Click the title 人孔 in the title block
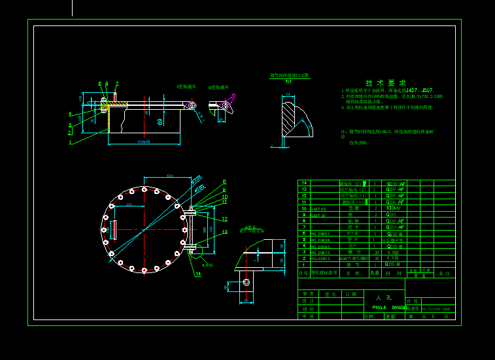point(384,297)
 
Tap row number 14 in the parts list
point(303,183)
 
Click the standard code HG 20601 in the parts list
point(320,233)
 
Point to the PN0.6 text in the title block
point(379,307)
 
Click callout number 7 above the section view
point(117,84)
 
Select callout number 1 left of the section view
point(70,142)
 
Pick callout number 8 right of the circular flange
point(224,182)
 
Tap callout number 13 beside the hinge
point(225,232)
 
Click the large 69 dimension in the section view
point(160,121)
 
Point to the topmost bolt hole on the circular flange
point(143,189)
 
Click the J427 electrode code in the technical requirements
point(411,90)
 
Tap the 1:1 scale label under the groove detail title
point(288,82)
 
